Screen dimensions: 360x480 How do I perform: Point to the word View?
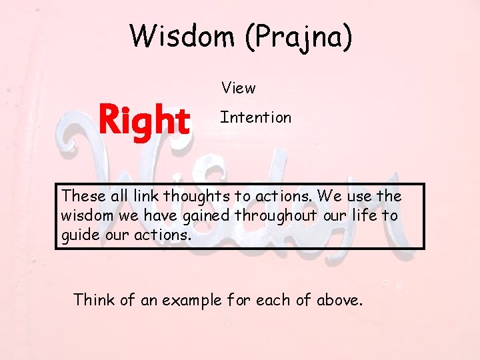point(238,88)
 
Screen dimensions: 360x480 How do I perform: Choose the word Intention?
point(256,118)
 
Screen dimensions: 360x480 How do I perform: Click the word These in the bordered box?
point(84,196)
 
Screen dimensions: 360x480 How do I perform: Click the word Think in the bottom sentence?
point(95,300)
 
